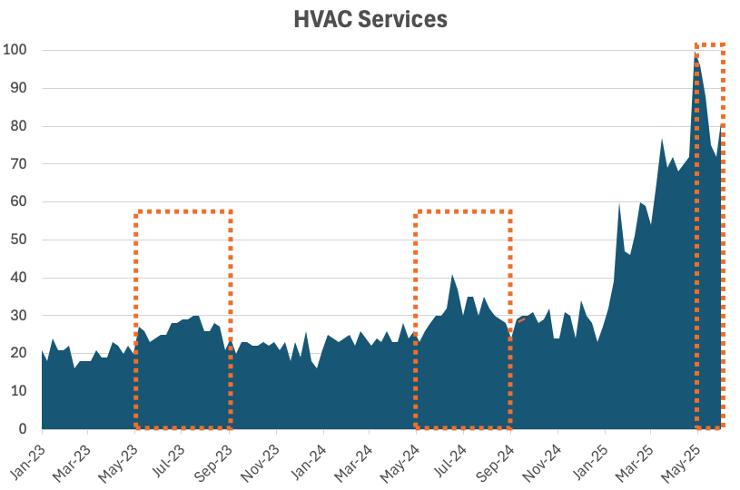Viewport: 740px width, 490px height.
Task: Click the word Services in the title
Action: coord(401,19)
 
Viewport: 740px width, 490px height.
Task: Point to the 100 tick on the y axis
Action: coord(15,50)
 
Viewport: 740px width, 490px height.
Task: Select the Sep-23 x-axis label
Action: coord(216,455)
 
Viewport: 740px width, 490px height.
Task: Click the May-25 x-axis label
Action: coord(685,455)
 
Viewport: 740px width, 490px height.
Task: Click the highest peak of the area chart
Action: coord(696,54)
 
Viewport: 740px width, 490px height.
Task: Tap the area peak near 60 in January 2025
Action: coord(619,203)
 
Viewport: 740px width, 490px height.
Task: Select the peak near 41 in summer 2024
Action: coord(452,275)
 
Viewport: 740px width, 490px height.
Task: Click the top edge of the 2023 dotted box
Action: coord(183,211)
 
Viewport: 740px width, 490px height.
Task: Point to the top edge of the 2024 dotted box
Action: coord(463,211)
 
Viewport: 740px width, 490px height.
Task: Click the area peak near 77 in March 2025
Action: coord(663,139)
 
